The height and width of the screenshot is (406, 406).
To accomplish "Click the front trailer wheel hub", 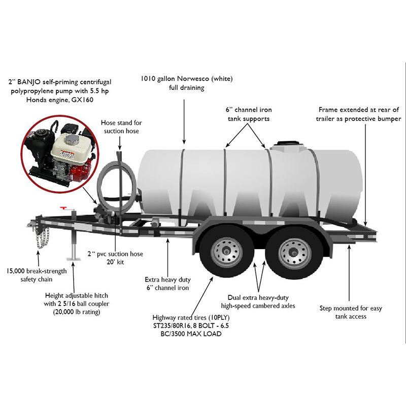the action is tap(226, 252).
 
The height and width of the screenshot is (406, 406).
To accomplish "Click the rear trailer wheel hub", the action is tap(294, 252).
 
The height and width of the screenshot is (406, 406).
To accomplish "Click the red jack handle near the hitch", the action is tap(64, 208).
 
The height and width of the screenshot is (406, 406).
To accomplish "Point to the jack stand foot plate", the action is tap(74, 259).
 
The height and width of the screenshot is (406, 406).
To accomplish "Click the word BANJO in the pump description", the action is tap(28, 82).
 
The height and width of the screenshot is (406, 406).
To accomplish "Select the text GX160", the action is tap(82, 100).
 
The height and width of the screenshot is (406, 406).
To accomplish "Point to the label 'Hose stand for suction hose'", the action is tap(121, 126).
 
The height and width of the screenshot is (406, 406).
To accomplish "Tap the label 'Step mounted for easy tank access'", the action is tap(351, 312).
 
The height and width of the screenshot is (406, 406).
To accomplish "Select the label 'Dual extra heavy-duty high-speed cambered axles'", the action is tap(258, 301).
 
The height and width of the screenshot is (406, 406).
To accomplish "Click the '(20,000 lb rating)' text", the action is tap(77, 312).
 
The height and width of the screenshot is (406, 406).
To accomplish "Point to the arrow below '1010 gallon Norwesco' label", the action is tap(184, 122).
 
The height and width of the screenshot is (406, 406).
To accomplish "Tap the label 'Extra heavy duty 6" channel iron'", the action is tap(167, 284).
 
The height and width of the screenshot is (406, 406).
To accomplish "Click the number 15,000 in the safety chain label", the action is tap(16, 272).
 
